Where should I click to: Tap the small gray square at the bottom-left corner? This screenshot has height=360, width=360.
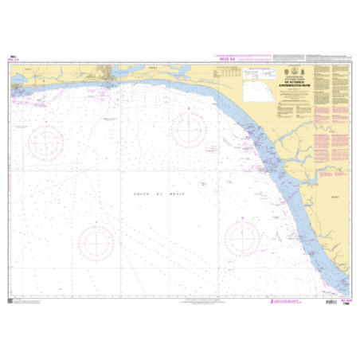pyautogui.click(x=10, y=300)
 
